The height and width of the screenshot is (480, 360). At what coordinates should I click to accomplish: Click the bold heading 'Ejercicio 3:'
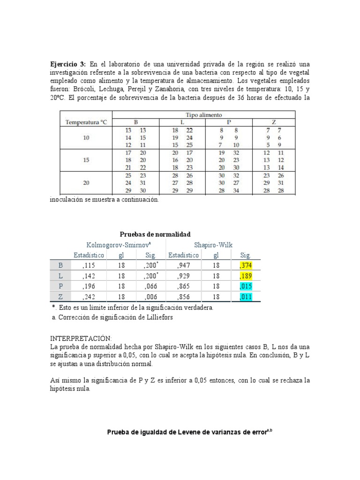click(68, 64)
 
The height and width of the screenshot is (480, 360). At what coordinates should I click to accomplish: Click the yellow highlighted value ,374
click(245, 265)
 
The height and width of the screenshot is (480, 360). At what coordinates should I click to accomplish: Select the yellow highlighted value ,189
click(245, 276)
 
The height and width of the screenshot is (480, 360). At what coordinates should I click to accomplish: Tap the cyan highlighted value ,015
click(245, 286)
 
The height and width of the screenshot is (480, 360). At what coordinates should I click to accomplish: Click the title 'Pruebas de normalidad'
click(155, 234)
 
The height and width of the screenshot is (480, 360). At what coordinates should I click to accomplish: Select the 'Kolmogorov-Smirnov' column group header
click(119, 245)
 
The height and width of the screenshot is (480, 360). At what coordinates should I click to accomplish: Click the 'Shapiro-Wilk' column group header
click(213, 245)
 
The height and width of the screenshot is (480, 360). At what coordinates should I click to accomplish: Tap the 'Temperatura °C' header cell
click(86, 122)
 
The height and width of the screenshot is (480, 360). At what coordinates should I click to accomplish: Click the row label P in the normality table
click(60, 286)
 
